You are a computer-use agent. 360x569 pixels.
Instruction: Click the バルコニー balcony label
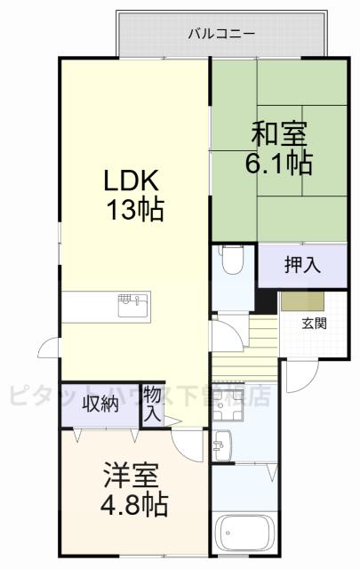(x=221, y=35)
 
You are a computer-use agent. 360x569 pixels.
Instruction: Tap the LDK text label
(x=131, y=181)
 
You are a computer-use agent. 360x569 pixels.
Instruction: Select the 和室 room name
(x=279, y=136)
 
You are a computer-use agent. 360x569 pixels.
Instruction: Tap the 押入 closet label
(x=301, y=264)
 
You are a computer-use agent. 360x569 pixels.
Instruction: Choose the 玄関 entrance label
(x=313, y=323)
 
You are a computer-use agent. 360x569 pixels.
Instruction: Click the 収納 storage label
(x=100, y=405)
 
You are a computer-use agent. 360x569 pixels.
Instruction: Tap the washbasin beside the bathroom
(x=222, y=443)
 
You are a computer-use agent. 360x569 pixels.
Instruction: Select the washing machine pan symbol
(x=223, y=408)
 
